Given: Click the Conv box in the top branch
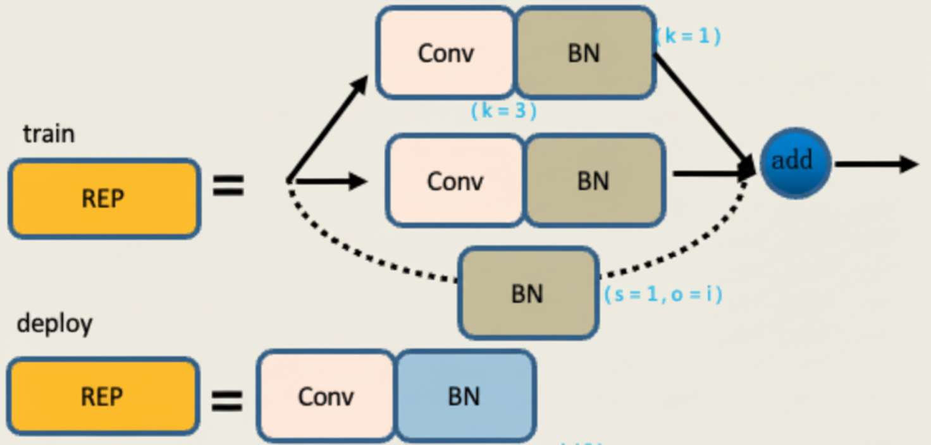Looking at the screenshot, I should [x=446, y=53].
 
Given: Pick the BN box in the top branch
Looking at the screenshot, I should [x=584, y=53].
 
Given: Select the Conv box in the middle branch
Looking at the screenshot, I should [x=455, y=181].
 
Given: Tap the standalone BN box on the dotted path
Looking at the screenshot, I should [x=527, y=293].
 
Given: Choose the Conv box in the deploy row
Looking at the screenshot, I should [x=326, y=397].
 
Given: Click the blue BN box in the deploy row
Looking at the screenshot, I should [x=465, y=397].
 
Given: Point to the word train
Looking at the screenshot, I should [x=49, y=134].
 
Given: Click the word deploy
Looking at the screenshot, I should [x=54, y=324].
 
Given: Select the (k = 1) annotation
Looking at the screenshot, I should [x=688, y=37].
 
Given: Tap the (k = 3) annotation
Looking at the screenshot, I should [x=503, y=111].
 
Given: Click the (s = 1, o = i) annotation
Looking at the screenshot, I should [x=663, y=294].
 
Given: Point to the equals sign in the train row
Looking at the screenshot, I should [x=228, y=186].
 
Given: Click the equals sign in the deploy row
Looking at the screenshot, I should [x=226, y=400].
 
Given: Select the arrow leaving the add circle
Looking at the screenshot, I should [x=875, y=164].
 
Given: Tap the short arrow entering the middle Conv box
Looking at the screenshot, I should [x=330, y=182].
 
